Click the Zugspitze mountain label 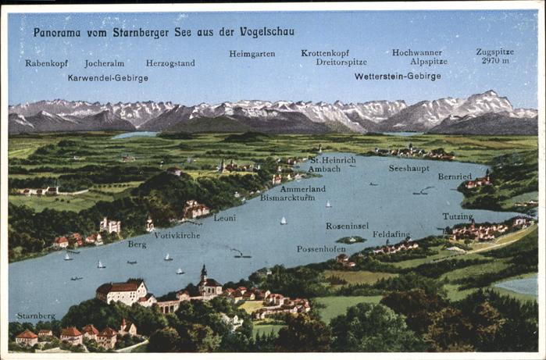point(494,52)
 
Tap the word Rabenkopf point(46,63)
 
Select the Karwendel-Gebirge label point(108,78)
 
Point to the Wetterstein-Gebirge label point(398,77)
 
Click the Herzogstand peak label point(170,63)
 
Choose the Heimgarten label point(252,54)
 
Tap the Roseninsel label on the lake point(347,226)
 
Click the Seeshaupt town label point(409,168)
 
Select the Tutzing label point(457,216)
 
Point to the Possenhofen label point(321,249)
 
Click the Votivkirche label point(177,234)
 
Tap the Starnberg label point(36,316)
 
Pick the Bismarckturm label point(287,198)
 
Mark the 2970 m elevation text point(495,60)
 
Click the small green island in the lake point(351,240)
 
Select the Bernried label point(455,176)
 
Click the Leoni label point(225,218)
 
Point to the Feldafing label point(391,233)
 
